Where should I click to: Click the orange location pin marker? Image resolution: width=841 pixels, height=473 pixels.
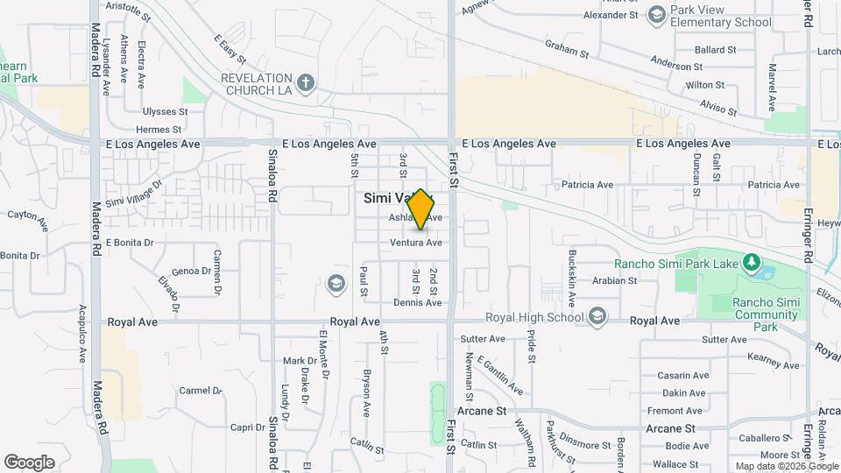[x=421, y=208]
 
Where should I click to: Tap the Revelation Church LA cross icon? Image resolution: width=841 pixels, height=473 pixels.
[x=306, y=83]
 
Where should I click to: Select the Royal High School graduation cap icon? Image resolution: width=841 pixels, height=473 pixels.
[x=597, y=316]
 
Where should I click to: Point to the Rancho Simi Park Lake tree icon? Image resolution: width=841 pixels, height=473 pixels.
[x=750, y=262]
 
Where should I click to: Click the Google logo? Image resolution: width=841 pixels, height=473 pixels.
[x=29, y=462]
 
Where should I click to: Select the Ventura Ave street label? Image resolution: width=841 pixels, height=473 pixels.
[x=416, y=243]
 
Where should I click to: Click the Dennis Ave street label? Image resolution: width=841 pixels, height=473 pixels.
[x=418, y=303]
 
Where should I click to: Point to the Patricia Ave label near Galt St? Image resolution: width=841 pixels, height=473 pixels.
[x=774, y=185]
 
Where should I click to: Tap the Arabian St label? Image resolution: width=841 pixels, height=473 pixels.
[x=614, y=281]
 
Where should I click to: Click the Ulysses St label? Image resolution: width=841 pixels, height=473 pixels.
[x=166, y=112]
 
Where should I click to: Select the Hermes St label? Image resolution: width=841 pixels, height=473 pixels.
[x=164, y=130]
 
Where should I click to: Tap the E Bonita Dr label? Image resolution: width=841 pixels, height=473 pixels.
[x=130, y=243]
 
